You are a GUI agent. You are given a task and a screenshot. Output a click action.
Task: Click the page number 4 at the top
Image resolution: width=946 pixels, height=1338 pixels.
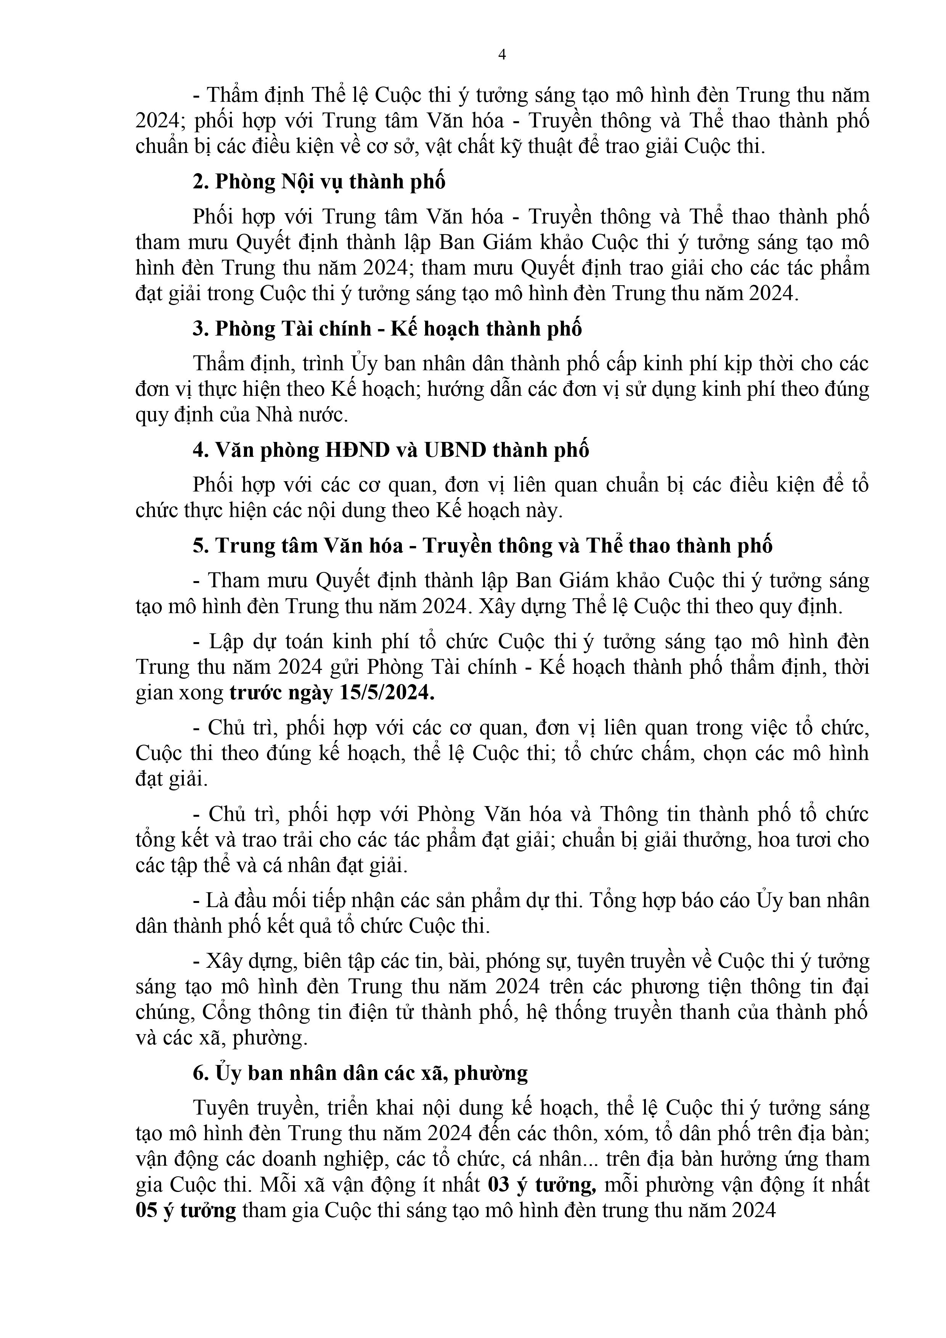pyautogui.click(x=502, y=55)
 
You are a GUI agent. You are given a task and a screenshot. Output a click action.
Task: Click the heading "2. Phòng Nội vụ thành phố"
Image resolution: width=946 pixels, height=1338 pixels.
pyautogui.click(x=319, y=182)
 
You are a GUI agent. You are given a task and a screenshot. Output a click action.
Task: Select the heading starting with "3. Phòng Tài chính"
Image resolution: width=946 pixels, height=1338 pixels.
pyautogui.click(x=387, y=329)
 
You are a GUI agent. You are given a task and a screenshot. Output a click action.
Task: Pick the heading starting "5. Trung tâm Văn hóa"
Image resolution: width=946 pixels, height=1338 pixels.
pyautogui.click(x=483, y=545)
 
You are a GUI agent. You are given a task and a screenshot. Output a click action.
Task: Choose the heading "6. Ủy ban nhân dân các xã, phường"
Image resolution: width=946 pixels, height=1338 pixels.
pyautogui.click(x=360, y=1073)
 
